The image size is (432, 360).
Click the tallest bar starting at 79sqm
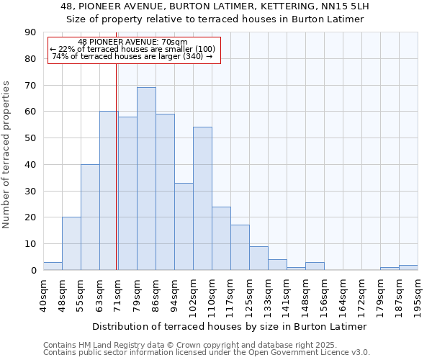tap(146, 179)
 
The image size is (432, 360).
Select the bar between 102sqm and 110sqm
tap(202, 199)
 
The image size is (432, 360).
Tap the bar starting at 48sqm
tap(71, 243)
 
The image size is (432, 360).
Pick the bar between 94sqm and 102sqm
tap(184, 226)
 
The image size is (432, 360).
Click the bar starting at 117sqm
tap(240, 248)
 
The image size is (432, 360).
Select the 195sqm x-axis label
tap(418, 295)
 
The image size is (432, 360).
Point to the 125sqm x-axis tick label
tap(249, 295)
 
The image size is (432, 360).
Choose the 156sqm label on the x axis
tap(324, 295)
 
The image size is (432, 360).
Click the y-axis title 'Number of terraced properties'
tap(6, 155)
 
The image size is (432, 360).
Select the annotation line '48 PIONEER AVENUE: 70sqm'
tap(132, 42)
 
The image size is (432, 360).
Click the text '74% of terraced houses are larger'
tap(132, 56)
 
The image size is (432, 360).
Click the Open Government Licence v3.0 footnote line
tap(206, 353)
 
